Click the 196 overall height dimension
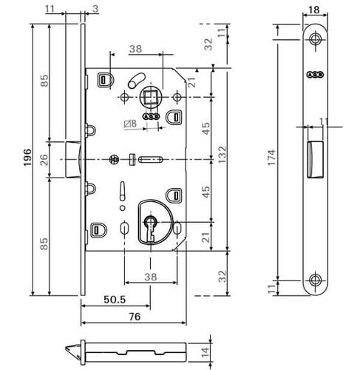[27, 158]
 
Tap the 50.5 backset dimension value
[115, 300]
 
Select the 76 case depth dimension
[135, 317]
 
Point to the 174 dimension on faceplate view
[272, 158]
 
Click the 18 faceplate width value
[313, 10]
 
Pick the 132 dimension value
[222, 155]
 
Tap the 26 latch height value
[44, 160]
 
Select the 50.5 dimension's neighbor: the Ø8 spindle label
[130, 124]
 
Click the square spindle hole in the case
[150, 97]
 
